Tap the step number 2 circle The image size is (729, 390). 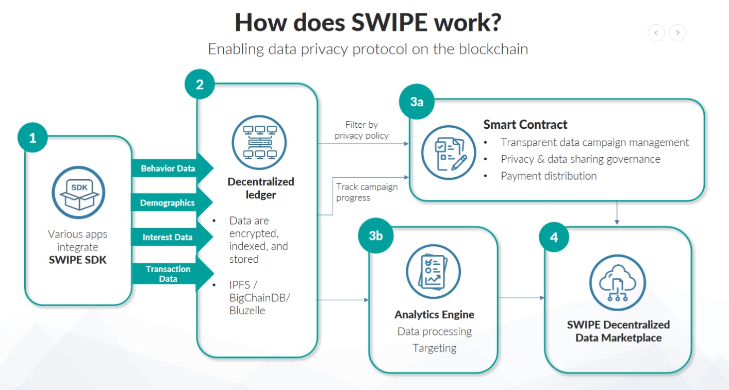click(200, 84)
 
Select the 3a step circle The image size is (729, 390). click(417, 101)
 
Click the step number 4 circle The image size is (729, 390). click(554, 238)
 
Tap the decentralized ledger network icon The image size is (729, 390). click(259, 142)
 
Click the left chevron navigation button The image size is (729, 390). click(656, 32)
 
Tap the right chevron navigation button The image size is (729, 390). click(677, 32)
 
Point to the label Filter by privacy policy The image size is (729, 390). click(361, 130)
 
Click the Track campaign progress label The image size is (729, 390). click(367, 192)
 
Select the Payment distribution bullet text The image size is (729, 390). click(549, 176)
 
